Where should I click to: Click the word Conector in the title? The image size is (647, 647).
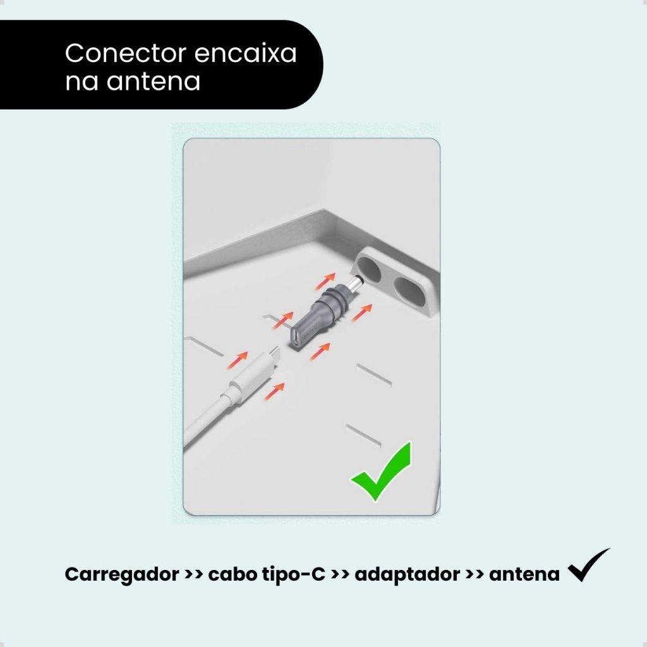coord(126,53)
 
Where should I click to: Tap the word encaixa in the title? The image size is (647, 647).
coord(246,53)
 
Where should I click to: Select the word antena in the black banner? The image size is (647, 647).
coord(154,82)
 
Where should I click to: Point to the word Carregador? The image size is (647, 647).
coord(122,575)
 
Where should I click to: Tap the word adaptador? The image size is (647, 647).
coord(408,574)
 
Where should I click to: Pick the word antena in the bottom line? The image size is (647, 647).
coord(524,574)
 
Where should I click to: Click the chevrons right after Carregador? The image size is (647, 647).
coord(194,574)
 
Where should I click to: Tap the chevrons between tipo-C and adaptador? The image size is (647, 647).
coord(341,574)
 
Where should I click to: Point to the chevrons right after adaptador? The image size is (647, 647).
coord(475,574)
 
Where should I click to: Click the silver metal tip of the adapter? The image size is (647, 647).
coord(355,285)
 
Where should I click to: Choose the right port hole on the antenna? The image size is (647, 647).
coord(409,291)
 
